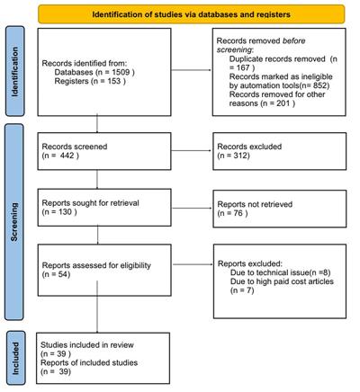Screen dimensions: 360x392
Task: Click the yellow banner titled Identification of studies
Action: (x=192, y=14)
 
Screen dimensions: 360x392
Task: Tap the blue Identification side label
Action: (x=14, y=71)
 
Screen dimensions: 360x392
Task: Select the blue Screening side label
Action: (x=14, y=222)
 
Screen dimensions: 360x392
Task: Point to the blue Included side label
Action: (x=15, y=358)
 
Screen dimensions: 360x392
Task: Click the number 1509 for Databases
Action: (x=121, y=72)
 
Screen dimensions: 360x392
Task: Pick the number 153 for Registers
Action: (x=113, y=81)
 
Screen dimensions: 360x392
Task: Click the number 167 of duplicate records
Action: (x=243, y=67)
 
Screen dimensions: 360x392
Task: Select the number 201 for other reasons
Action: (x=283, y=103)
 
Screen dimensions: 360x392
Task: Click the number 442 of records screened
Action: (x=67, y=156)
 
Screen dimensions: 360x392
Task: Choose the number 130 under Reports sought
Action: (x=65, y=212)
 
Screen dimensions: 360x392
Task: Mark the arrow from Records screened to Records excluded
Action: (x=192, y=150)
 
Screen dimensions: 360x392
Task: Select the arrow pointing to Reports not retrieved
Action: (x=192, y=209)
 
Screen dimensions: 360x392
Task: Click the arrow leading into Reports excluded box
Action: (x=193, y=264)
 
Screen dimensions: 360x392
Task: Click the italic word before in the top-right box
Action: (x=294, y=40)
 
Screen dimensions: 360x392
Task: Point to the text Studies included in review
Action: (x=87, y=345)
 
